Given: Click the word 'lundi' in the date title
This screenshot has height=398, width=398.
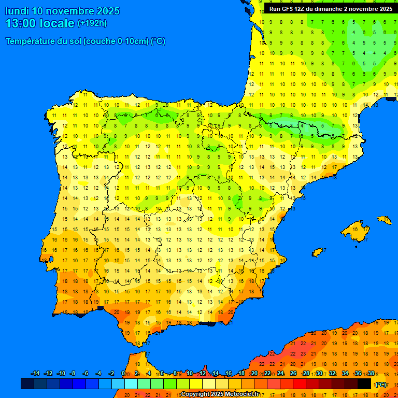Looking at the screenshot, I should coord(17,11).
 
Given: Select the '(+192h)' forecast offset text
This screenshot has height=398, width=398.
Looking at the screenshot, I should coord(92,23).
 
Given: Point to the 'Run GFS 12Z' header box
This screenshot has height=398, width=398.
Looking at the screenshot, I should coord(331,9).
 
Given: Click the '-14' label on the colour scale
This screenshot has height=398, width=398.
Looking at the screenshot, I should coord(35,374).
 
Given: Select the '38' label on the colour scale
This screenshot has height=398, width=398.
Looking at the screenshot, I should coord(371,374).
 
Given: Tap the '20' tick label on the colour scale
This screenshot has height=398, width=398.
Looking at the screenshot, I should coord(254,374).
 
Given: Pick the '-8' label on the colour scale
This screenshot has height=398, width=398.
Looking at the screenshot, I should coord(73,374).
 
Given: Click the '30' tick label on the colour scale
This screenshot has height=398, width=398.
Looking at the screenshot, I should coord(319,374).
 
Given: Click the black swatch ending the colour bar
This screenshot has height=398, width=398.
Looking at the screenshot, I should coord(364,384).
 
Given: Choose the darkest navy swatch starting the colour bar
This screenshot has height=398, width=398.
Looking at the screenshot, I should coord(27,384).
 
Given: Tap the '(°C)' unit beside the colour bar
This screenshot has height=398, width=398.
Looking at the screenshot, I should coord(381,385).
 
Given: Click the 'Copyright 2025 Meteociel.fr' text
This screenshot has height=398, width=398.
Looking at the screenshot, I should coord(220,394).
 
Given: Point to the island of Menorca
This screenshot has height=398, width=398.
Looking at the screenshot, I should coord(384,220).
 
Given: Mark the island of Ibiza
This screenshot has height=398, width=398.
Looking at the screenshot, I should coord(318,252).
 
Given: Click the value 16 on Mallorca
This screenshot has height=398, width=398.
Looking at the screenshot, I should coord(355,229).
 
